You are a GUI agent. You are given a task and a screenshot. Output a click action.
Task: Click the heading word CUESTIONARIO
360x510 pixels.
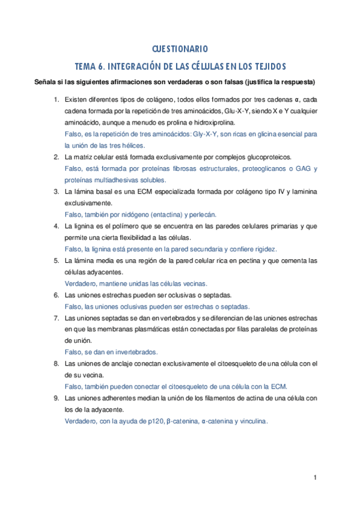coord(180,48)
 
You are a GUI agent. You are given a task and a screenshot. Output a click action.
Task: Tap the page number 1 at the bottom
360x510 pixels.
coord(315,478)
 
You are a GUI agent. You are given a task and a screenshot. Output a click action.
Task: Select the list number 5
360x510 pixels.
coord(56,260)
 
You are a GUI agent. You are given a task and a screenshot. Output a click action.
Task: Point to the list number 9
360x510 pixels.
coord(56,398)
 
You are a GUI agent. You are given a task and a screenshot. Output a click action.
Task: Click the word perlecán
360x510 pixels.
coord(203,214)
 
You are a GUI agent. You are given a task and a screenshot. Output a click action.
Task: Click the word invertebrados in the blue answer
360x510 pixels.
coord(136,352)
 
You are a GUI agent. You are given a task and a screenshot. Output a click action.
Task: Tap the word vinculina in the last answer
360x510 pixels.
coord(251,421)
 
